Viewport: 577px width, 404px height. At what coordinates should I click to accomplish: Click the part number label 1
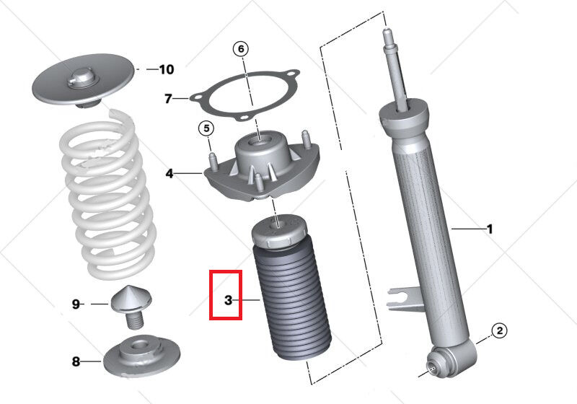point(490,229)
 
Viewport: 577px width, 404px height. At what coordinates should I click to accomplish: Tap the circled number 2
point(499,331)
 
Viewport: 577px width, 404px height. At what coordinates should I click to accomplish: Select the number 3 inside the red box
point(228,299)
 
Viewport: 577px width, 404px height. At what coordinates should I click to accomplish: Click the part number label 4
point(169,173)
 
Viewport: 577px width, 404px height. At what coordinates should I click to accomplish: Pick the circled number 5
point(206,129)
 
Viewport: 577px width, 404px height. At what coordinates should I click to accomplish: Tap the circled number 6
point(240,49)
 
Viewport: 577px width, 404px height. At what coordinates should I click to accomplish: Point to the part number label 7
point(167,99)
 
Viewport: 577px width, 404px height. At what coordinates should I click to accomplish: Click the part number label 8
point(76,360)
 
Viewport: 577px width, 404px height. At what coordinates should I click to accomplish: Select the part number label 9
point(76,304)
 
